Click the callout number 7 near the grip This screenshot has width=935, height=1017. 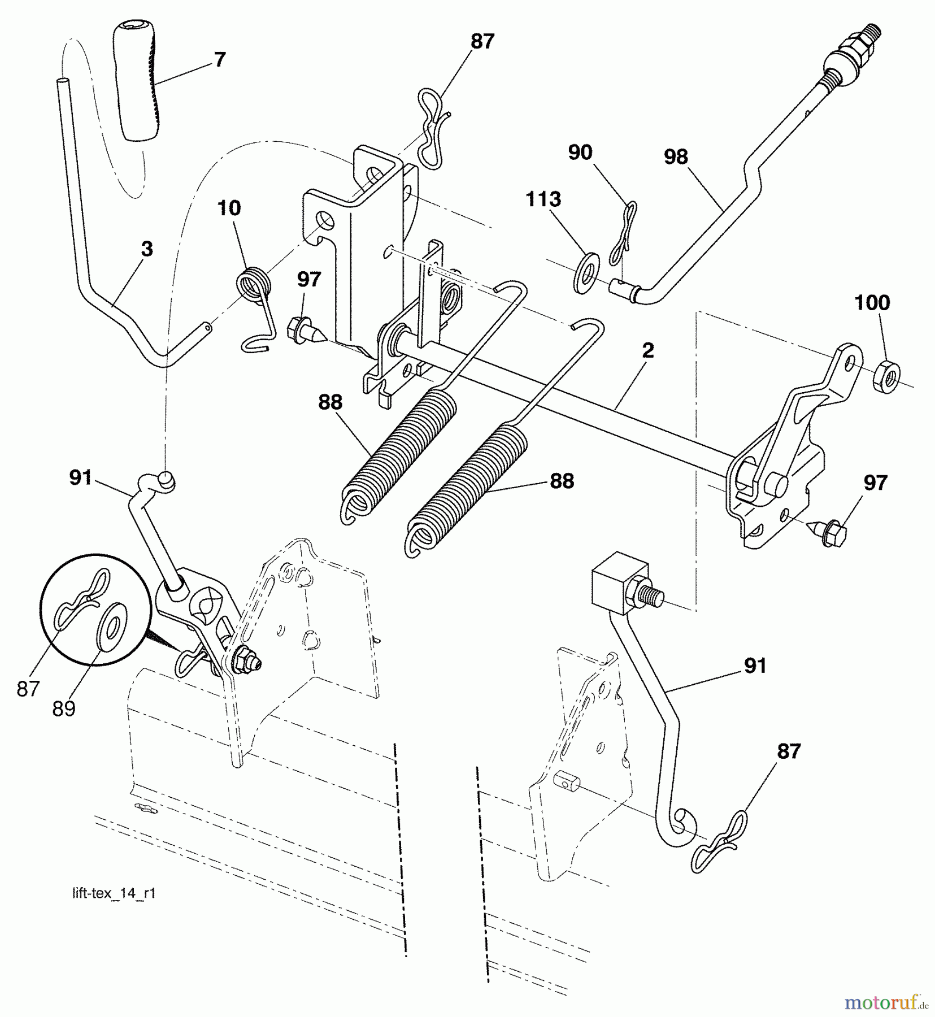(220, 60)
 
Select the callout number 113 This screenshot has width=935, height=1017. (543, 199)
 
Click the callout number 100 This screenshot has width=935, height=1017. (872, 303)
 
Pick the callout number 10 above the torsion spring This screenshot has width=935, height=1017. (229, 208)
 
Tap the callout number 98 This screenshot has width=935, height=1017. (676, 157)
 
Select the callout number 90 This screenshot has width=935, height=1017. (580, 153)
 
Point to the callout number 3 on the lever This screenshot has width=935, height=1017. (147, 249)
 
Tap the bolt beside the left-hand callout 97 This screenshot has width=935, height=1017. (306, 332)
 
